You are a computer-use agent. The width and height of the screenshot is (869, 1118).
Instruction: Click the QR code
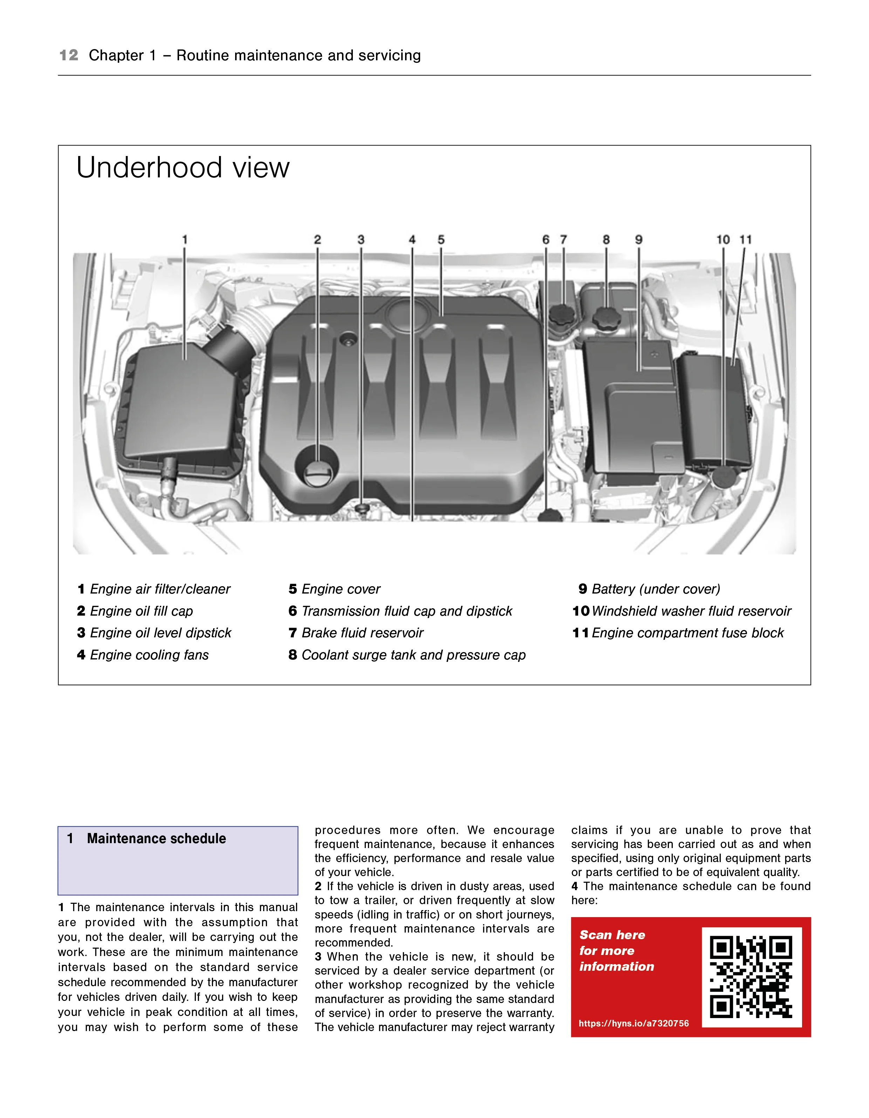751,977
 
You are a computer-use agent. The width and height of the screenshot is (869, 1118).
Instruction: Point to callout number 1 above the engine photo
185,239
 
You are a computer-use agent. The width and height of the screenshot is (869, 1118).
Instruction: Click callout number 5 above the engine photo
441,239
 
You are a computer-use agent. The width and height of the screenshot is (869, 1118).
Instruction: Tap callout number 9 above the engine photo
639,239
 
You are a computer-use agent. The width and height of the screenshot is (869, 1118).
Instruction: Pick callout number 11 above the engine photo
746,239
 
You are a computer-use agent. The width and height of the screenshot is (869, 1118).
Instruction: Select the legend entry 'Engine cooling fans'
149,655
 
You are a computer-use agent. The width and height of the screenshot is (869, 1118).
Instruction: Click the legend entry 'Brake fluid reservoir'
362,633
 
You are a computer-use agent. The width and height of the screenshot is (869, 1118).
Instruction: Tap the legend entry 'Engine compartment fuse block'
687,633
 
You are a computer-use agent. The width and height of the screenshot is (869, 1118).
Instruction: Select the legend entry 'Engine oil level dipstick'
160,633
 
